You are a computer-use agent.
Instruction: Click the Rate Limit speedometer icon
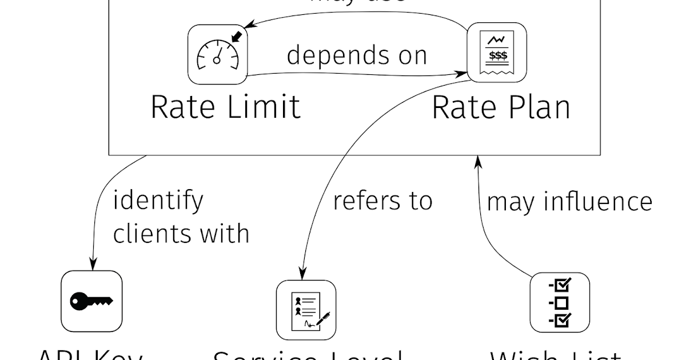click(x=217, y=54)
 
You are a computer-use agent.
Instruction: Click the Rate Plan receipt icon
click(x=497, y=52)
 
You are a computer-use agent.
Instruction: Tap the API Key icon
click(x=91, y=301)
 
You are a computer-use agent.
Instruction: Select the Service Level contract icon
click(x=306, y=310)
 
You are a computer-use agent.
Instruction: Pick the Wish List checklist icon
click(x=560, y=303)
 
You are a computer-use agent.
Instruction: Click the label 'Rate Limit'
click(x=225, y=107)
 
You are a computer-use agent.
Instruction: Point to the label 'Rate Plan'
click(x=501, y=107)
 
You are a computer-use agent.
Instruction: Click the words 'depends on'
click(x=357, y=55)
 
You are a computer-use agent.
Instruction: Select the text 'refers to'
click(x=382, y=201)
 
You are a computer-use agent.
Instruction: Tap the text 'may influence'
click(x=569, y=202)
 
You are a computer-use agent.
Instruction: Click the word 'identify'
click(x=158, y=201)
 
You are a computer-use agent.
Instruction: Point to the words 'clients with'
click(x=181, y=234)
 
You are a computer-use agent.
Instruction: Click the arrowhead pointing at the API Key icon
click(x=91, y=265)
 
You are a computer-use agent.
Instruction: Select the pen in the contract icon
click(x=324, y=318)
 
